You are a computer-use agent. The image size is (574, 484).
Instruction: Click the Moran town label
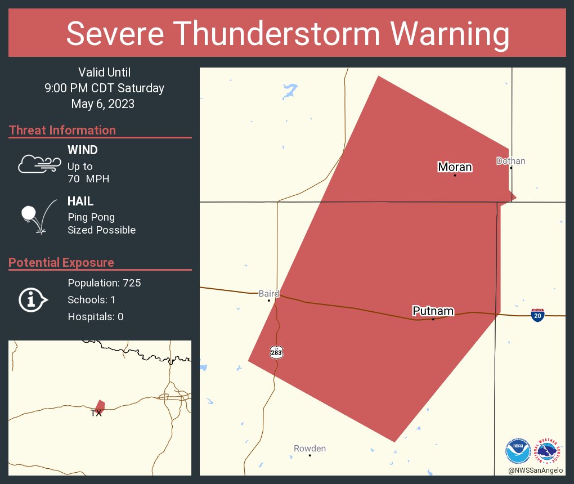click(455, 167)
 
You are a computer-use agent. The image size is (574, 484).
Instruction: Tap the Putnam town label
click(433, 311)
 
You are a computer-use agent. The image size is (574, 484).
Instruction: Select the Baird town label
click(269, 293)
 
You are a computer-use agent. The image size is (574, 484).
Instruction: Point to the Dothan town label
click(510, 161)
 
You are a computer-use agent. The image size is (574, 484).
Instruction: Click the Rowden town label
click(310, 449)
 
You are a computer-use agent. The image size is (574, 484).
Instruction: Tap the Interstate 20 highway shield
click(537, 315)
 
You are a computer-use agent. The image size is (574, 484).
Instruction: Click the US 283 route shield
click(276, 352)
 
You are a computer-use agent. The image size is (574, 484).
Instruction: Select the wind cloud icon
click(39, 164)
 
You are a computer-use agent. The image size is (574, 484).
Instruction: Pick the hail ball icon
click(29, 214)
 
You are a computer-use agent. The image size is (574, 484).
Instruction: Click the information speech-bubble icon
click(33, 300)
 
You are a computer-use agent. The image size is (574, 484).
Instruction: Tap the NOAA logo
click(518, 451)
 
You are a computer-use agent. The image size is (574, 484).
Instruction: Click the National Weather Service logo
click(549, 451)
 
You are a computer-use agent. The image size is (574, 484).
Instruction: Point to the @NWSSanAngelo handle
click(535, 470)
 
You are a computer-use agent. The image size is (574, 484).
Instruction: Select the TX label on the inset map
click(96, 413)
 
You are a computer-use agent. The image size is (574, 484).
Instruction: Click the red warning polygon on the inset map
click(100, 406)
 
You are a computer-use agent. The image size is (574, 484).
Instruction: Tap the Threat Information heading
click(62, 130)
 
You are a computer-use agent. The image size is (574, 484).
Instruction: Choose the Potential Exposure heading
click(61, 262)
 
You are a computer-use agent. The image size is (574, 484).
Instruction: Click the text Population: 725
click(104, 283)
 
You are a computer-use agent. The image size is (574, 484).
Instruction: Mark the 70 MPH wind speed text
click(88, 179)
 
